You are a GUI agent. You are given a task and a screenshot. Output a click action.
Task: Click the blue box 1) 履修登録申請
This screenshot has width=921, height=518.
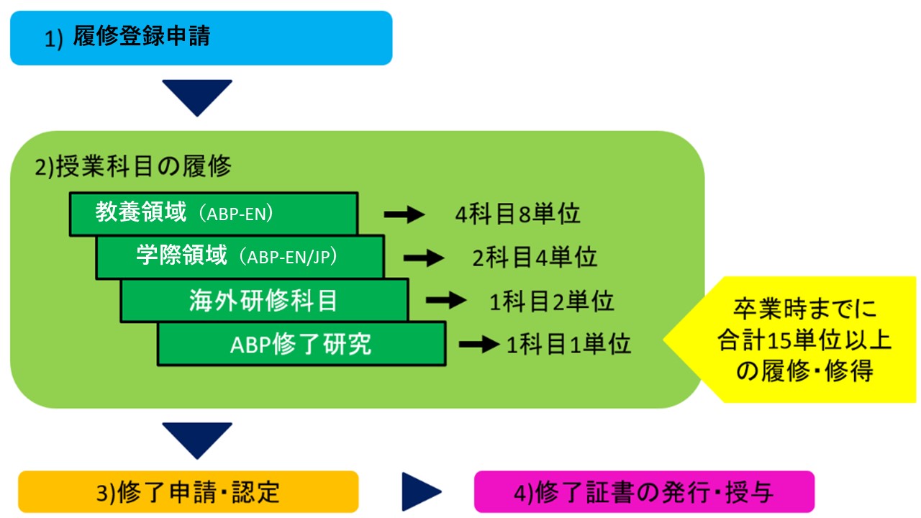201,38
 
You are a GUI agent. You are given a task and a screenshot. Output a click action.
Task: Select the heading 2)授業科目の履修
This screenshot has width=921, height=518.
133,166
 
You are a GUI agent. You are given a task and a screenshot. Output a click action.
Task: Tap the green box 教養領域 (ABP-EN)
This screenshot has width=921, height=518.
214,214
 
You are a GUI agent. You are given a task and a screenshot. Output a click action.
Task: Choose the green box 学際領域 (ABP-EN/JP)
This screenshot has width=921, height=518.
240,257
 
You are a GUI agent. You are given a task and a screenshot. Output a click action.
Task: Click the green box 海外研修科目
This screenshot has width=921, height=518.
264,300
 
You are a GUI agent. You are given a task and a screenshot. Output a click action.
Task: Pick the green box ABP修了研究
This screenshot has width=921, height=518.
301,344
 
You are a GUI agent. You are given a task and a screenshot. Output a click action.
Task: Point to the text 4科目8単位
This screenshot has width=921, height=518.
517,214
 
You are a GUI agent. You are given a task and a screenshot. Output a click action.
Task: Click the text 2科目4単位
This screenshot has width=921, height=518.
535,258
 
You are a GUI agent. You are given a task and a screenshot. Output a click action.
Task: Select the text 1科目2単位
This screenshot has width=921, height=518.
552,301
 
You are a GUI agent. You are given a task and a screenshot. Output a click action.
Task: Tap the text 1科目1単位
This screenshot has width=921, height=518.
568,344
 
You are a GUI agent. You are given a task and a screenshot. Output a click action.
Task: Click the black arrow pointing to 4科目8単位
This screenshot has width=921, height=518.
404,214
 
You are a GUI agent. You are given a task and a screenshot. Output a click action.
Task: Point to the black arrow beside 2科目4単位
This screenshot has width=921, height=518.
424,258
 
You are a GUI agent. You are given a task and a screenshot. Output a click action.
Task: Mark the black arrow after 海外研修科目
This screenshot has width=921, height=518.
446,300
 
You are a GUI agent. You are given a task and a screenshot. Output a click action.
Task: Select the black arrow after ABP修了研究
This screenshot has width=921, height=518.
479,344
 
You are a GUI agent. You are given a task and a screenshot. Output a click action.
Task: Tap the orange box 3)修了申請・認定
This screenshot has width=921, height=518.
189,491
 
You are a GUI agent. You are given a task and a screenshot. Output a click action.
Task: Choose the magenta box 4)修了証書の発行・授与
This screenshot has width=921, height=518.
644,491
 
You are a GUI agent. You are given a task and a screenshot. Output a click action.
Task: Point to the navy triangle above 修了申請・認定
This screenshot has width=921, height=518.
197,437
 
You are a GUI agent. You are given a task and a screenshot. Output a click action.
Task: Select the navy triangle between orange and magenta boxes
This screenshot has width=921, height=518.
419,491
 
